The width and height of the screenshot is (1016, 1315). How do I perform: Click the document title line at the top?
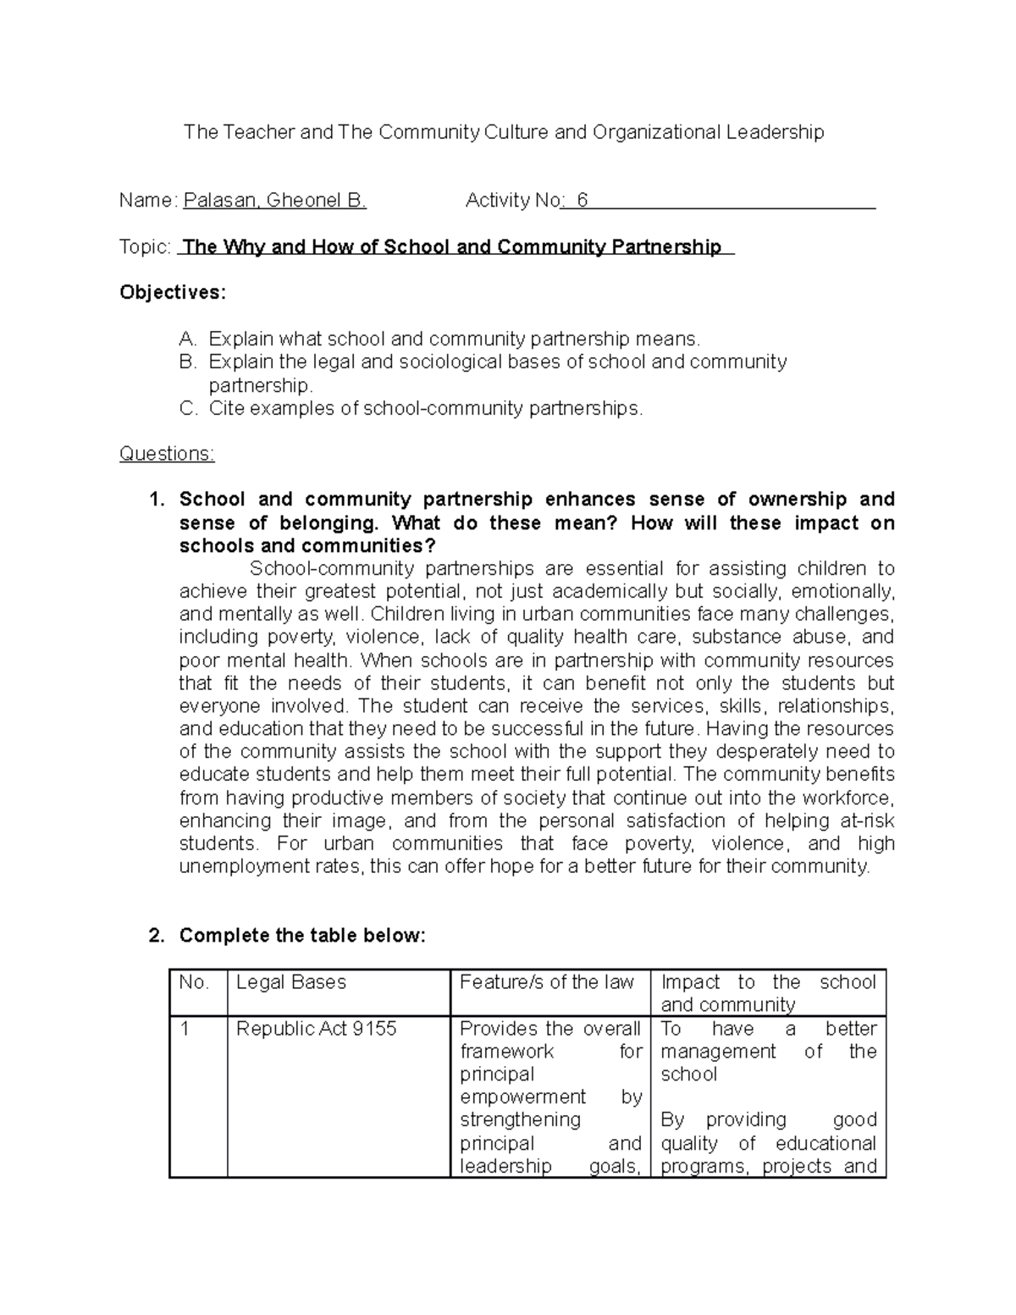[x=504, y=132]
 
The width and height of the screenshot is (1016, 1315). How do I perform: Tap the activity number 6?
[x=582, y=201]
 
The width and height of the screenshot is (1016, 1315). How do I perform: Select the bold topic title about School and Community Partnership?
[x=452, y=247]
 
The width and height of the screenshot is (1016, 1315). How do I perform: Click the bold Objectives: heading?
[x=173, y=293]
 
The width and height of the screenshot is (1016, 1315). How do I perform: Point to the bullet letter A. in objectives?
[x=188, y=340]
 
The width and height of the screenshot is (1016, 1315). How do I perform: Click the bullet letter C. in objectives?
[x=188, y=409]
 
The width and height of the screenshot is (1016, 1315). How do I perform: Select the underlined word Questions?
[x=167, y=454]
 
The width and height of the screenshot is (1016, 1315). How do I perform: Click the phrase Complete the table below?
[x=301, y=936]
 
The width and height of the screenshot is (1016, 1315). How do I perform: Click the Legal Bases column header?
[x=291, y=982]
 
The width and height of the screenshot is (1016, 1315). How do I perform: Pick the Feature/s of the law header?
[x=546, y=982]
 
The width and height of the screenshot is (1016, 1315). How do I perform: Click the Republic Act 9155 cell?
[x=316, y=1029]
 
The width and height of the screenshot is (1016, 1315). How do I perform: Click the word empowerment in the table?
[x=522, y=1097]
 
